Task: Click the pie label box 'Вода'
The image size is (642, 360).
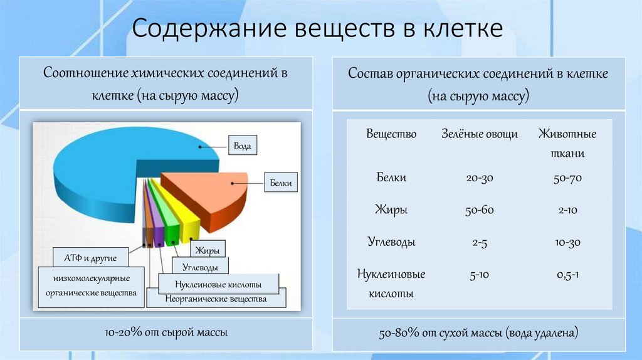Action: click(242, 146)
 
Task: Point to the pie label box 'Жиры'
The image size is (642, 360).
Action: click(207, 251)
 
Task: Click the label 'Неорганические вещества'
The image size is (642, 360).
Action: click(216, 299)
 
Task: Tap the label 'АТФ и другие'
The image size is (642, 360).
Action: click(90, 258)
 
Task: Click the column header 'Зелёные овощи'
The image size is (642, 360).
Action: click(480, 134)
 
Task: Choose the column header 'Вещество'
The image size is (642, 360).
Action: click(391, 134)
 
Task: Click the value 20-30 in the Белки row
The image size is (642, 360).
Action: click(480, 178)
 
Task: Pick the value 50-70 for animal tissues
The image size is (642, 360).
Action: click(567, 178)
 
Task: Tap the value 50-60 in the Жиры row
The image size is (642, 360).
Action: click(480, 210)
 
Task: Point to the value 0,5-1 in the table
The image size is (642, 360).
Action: click(567, 275)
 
